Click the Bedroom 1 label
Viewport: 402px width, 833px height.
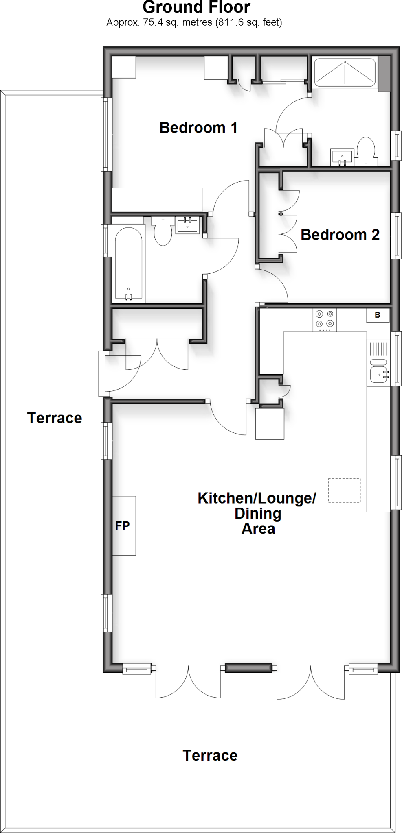tap(198, 128)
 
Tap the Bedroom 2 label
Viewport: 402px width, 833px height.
tap(340, 235)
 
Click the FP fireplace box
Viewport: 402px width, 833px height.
tap(124, 526)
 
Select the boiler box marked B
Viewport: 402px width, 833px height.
tap(378, 315)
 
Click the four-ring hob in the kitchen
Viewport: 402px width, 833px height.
tap(325, 319)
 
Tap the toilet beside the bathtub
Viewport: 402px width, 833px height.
tap(163, 232)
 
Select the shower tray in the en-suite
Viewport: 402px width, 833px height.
tap(345, 72)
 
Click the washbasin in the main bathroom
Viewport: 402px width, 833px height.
tap(187, 225)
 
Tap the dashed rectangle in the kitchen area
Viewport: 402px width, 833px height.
tap(344, 490)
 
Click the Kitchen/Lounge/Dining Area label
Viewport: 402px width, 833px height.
tap(257, 513)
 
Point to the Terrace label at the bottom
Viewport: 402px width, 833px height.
tap(210, 755)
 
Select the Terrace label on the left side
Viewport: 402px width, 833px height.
tap(55, 418)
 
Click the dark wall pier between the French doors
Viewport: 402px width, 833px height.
tap(248, 667)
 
